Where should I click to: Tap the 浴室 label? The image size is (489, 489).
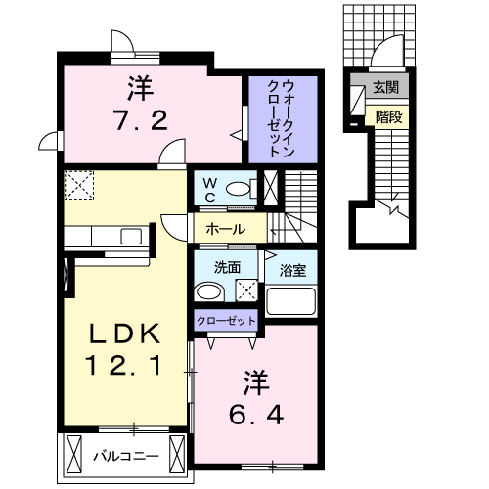(292, 268)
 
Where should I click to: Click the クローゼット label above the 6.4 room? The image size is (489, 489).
(226, 320)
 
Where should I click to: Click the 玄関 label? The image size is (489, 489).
(384, 88)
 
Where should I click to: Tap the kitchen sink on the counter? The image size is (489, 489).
(129, 236)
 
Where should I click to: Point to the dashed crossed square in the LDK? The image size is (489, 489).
(78, 184)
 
